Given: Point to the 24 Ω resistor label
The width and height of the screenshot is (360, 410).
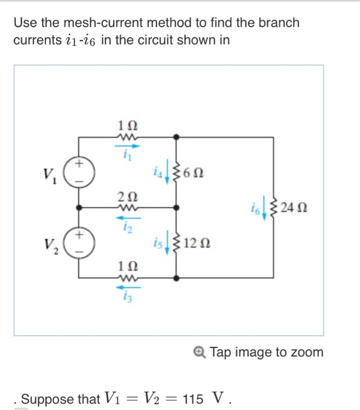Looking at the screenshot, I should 294,207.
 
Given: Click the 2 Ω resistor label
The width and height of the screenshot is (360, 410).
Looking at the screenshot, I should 128,196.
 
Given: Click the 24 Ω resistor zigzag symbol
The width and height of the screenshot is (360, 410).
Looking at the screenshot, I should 274,207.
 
